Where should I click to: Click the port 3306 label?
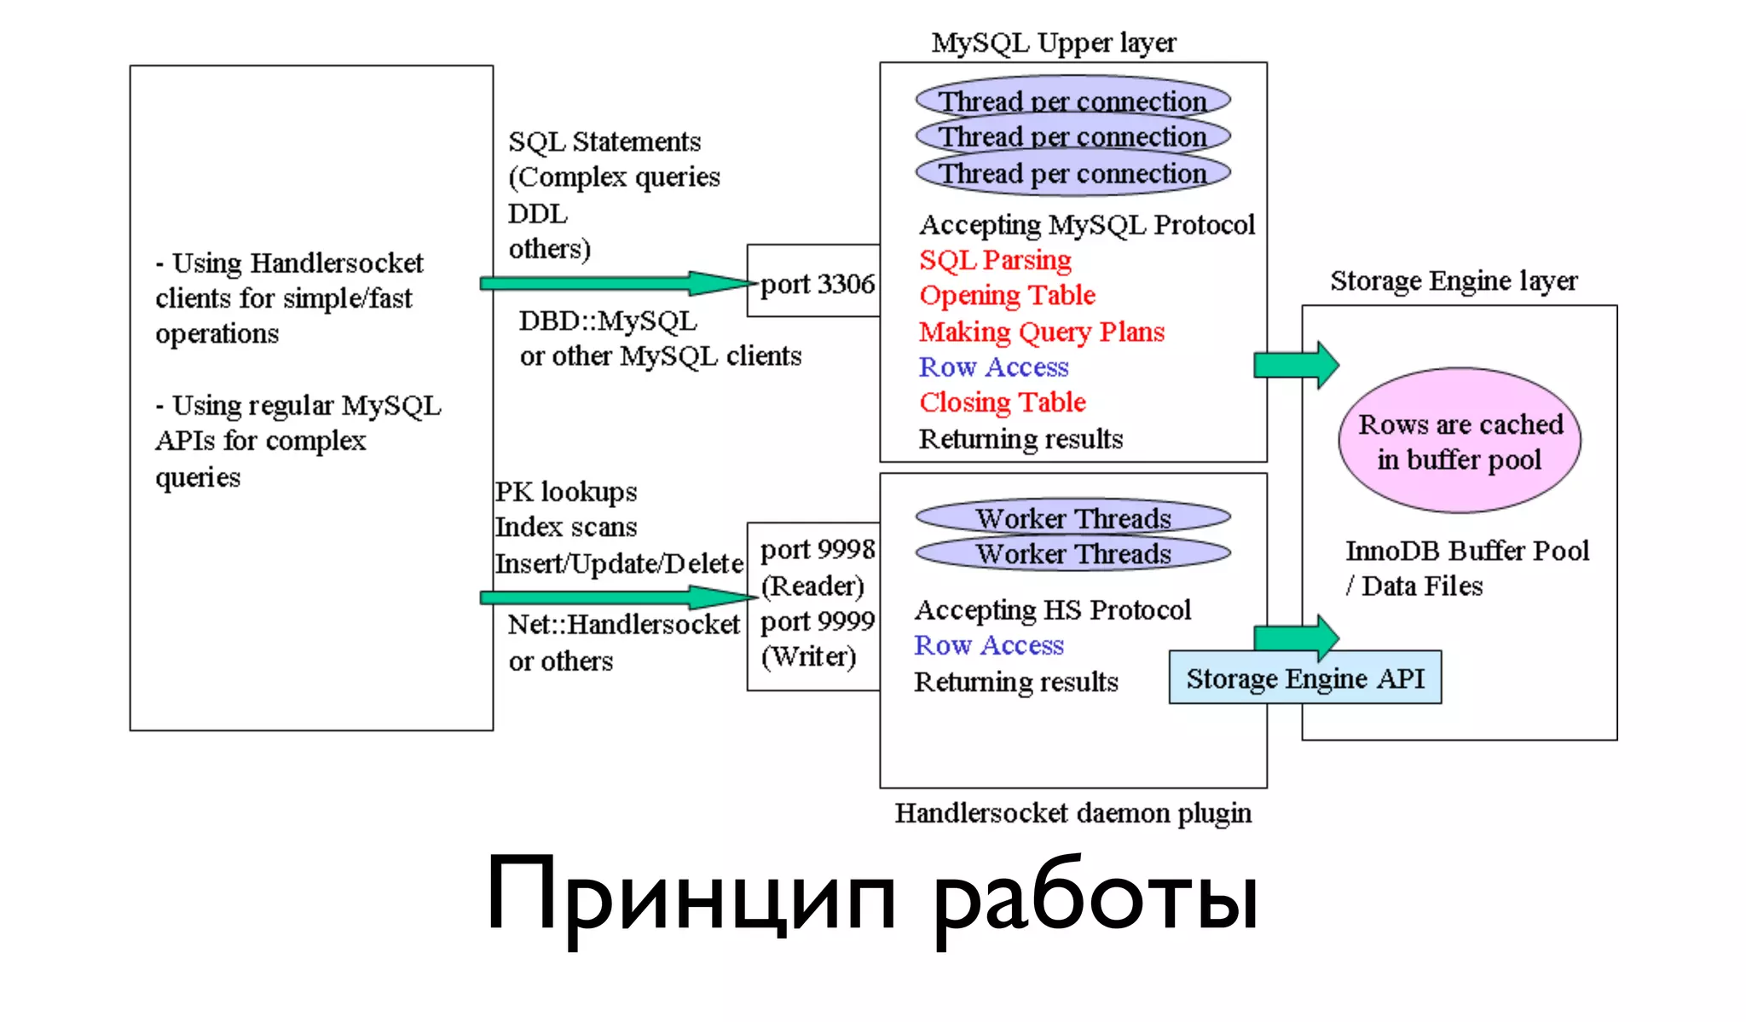tap(817, 284)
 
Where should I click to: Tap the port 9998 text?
tap(817, 550)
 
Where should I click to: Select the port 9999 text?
tap(817, 621)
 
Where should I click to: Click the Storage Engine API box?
tap(1304, 678)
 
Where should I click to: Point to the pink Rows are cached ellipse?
tap(1460, 441)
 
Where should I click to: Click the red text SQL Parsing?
tap(995, 260)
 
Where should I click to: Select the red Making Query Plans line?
tap(1041, 332)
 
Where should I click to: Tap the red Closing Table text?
tap(1002, 402)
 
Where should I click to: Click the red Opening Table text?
tap(1007, 296)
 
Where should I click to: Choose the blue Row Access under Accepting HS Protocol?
tap(989, 646)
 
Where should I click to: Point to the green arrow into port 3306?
tap(614, 283)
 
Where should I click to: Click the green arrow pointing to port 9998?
tap(614, 597)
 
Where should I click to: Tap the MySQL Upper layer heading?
tap(1053, 43)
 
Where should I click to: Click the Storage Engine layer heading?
tap(1454, 280)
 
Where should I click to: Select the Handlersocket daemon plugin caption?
tap(1072, 813)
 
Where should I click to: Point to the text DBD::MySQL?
tap(607, 321)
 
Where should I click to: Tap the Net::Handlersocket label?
tap(623, 625)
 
